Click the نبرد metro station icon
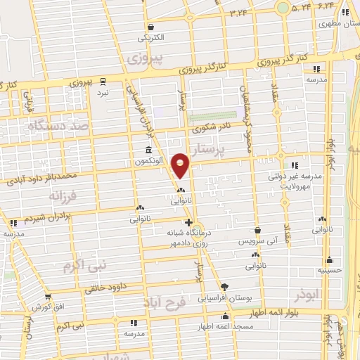click(103, 82)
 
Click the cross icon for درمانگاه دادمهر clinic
click(188, 222)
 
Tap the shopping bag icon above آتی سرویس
click(258, 230)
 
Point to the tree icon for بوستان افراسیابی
click(224, 286)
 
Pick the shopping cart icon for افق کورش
click(48, 297)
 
